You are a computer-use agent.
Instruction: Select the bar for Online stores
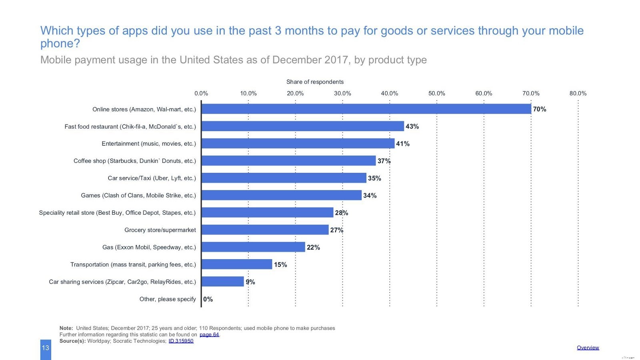[x=366, y=109]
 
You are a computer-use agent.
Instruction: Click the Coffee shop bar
[x=288, y=161]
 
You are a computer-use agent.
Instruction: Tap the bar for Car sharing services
[x=222, y=282]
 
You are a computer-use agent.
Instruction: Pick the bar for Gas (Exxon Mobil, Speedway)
[x=253, y=247]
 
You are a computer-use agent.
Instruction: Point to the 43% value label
[x=412, y=126]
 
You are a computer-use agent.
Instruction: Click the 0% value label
[x=208, y=299]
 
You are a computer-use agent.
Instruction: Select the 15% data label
[x=280, y=265]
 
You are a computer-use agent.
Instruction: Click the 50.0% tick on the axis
[x=436, y=94]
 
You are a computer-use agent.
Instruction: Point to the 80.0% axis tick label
[x=578, y=94]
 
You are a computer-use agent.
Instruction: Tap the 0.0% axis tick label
[x=201, y=94]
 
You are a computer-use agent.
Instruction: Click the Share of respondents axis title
[x=315, y=82]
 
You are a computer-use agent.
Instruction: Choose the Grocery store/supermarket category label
[x=160, y=230]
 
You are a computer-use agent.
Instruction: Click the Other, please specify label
[x=168, y=299]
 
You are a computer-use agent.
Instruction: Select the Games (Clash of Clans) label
[x=138, y=196]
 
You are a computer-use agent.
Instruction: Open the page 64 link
[x=209, y=335]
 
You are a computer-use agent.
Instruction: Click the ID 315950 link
[x=181, y=341]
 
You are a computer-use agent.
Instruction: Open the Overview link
[x=588, y=348]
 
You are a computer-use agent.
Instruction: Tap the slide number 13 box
[x=46, y=348]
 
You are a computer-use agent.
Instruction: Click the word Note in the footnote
[x=66, y=328]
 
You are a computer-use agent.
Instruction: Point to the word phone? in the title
[x=60, y=44]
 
